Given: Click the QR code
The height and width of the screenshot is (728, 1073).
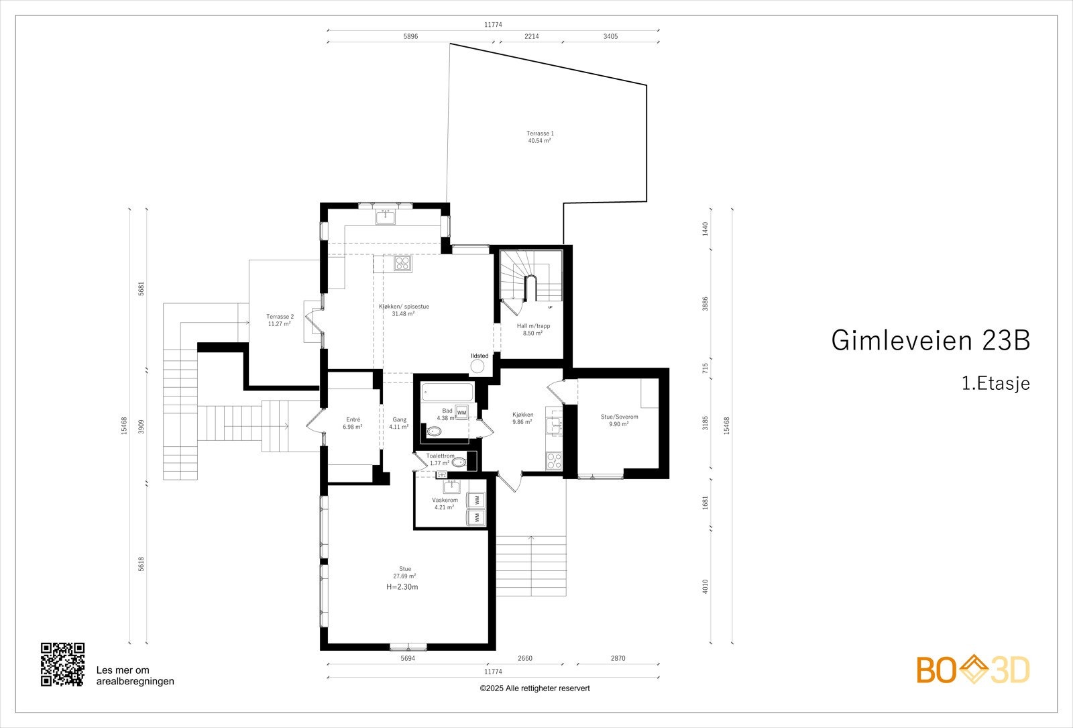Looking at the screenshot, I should tap(62, 664).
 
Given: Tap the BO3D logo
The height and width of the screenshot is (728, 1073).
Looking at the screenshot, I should tap(973, 670).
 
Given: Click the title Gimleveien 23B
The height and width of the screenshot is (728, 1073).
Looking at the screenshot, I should tap(930, 340).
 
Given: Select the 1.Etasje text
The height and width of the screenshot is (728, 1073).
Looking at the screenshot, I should tap(995, 384).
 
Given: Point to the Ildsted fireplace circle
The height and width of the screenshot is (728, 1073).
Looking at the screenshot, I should tap(477, 366).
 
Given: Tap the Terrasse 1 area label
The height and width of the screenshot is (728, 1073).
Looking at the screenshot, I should tap(540, 137).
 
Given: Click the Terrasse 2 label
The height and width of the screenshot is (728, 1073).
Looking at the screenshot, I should tap(280, 320).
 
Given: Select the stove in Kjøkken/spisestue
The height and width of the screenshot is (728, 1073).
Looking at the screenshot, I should tap(402, 263).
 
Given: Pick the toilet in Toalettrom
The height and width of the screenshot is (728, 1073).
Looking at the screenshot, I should tap(459, 462).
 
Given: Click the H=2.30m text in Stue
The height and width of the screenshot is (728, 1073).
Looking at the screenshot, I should tap(402, 587).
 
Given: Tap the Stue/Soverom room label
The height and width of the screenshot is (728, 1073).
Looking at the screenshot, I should tap(618, 420).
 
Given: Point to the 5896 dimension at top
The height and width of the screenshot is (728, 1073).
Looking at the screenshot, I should tap(410, 37).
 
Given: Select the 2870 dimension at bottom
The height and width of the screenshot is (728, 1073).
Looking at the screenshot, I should tap(618, 658).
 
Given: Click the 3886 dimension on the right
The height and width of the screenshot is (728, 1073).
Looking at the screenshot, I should tap(705, 305).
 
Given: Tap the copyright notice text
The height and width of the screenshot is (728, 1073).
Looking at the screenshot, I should tap(534, 688).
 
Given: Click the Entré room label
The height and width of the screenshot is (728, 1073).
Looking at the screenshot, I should tap(353, 423).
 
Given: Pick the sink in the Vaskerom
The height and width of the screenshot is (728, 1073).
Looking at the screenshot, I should tap(453, 486).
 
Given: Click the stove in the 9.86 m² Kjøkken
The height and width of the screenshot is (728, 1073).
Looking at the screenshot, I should tap(555, 460).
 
